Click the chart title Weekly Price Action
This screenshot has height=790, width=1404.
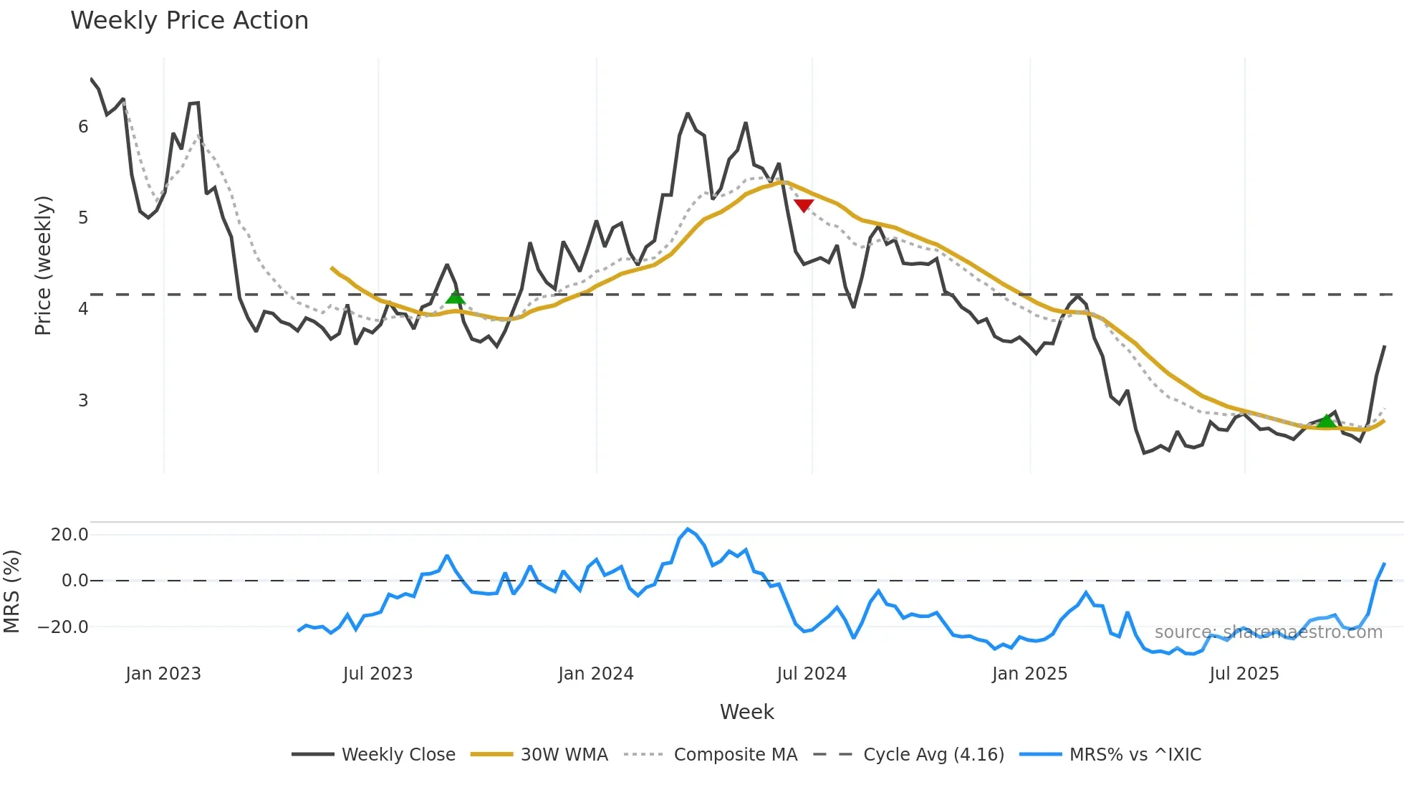(189, 21)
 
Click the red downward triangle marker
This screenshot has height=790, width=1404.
(804, 206)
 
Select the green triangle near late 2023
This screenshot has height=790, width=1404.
(455, 298)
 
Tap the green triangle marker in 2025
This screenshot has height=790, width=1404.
(1327, 420)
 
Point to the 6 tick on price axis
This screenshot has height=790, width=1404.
(83, 127)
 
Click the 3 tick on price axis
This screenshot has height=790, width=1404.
(83, 400)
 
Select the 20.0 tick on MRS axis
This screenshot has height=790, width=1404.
(69, 535)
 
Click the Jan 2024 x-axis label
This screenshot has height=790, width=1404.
(596, 674)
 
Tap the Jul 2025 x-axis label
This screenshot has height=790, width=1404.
(1244, 674)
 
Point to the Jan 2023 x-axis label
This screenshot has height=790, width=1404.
(163, 674)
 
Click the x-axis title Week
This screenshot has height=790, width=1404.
(746, 712)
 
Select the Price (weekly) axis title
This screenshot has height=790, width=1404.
(43, 265)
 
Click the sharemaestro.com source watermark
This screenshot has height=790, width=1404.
(1268, 632)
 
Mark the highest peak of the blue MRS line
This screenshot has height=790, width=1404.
(688, 530)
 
